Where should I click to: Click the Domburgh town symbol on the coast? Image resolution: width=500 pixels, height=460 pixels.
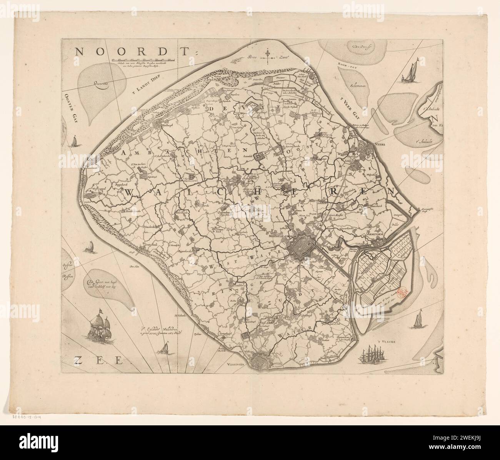tap(158, 124)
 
